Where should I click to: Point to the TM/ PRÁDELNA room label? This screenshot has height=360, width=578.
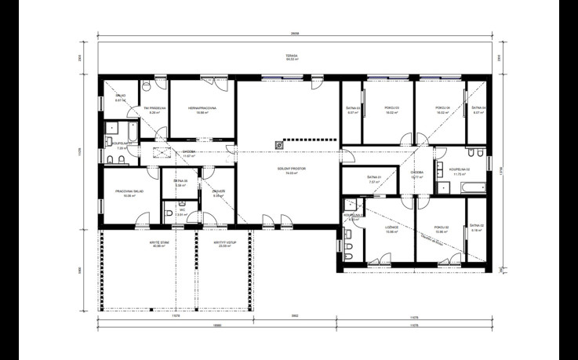click(151, 108)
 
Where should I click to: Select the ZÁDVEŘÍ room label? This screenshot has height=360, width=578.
click(219, 191)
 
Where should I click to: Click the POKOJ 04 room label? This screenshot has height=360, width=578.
click(442, 108)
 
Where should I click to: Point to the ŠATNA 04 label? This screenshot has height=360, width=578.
click(478, 108)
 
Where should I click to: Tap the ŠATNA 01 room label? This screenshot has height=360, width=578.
click(374, 178)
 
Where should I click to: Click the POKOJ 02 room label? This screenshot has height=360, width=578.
click(441, 228)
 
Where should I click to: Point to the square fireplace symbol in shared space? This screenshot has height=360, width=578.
click(278, 144)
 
